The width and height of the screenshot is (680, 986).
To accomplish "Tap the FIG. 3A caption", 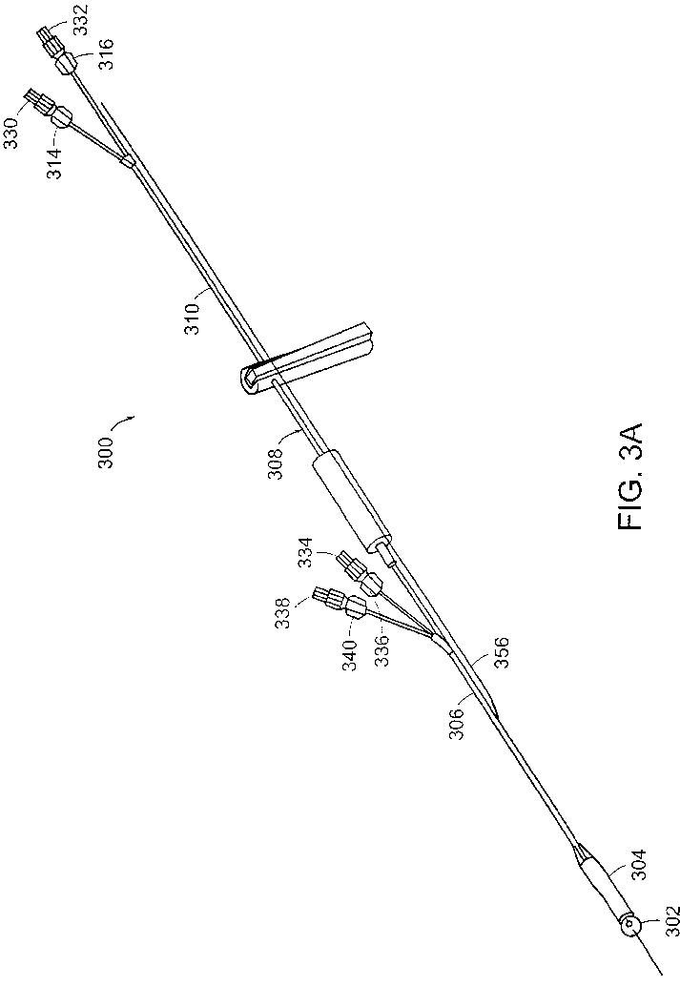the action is (x=633, y=476).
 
